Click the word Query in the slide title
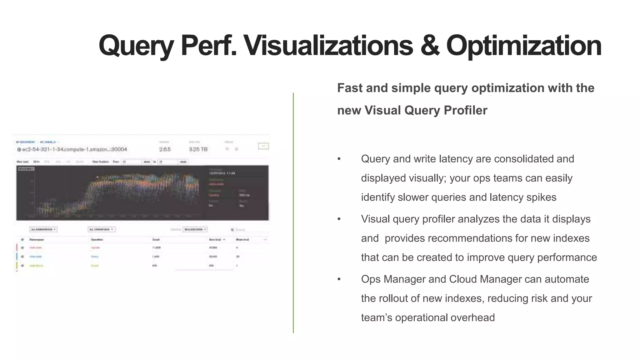(x=136, y=46)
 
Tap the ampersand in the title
(x=430, y=46)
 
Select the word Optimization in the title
(x=524, y=46)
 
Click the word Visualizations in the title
(x=328, y=46)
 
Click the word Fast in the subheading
(x=350, y=88)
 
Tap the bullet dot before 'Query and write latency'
(x=339, y=159)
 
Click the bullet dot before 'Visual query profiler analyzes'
(x=339, y=219)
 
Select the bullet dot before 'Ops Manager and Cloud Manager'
(x=339, y=279)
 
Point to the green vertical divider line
(x=293, y=212)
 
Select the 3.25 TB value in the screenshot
(x=198, y=149)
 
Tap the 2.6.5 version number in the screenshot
(x=165, y=149)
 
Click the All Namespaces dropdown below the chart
(x=43, y=229)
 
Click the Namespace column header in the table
(x=37, y=240)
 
